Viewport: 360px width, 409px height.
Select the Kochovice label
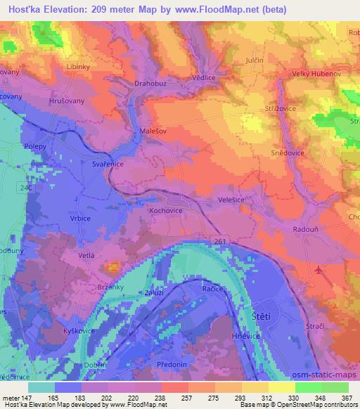[x=166, y=209]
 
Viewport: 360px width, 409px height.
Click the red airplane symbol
[x=319, y=270]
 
